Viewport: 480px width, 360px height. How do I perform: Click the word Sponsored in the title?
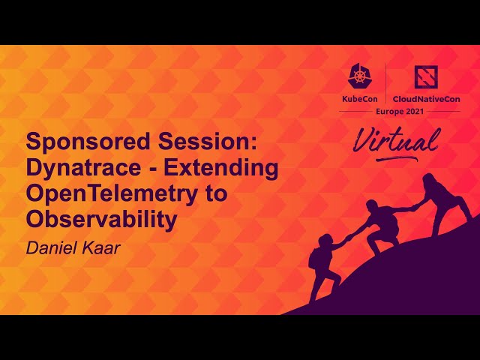coord(75,142)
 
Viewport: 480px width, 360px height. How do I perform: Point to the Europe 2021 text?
coord(399,112)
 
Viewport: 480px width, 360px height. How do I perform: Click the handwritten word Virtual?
coord(396,142)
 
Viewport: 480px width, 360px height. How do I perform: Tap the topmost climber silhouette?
coord(442,199)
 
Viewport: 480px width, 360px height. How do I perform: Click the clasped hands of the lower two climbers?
coord(347,238)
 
